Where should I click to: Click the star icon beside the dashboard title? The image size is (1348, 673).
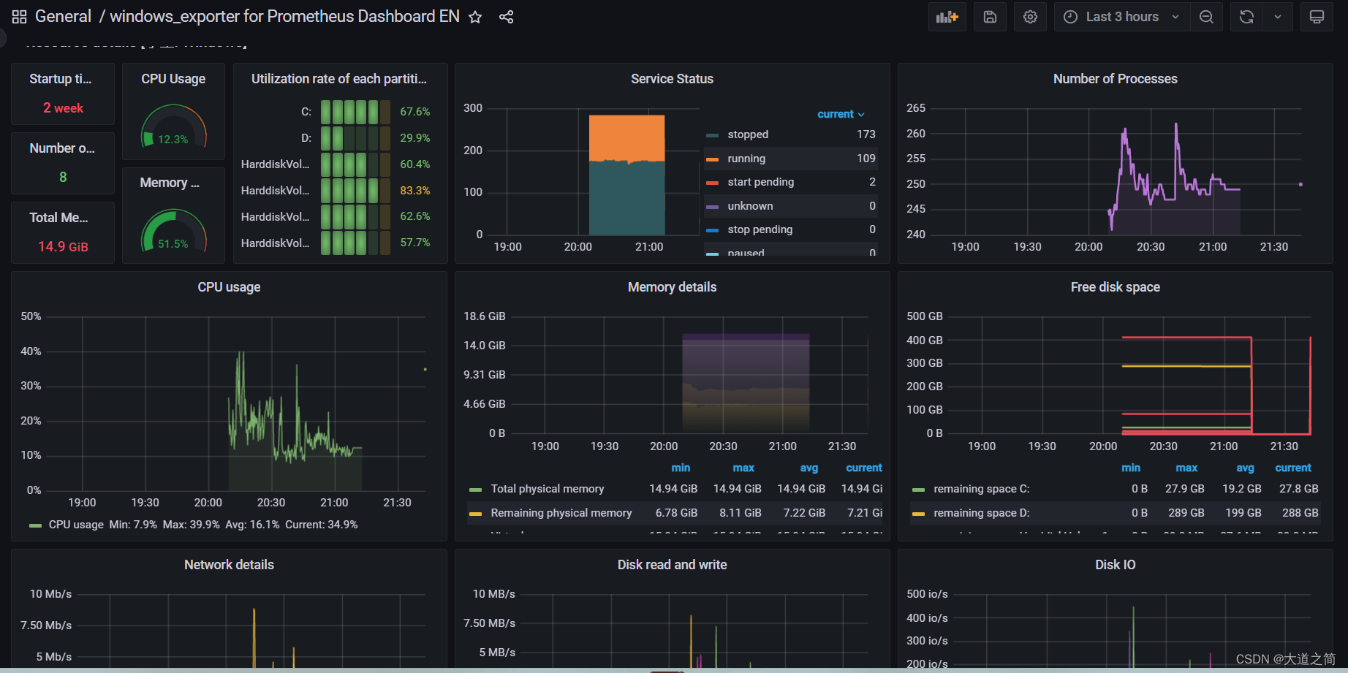tap(475, 17)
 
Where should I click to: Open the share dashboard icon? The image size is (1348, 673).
tap(506, 17)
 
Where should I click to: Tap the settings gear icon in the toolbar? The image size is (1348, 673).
tap(1030, 17)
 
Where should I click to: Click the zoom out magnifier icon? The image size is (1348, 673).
tap(1206, 17)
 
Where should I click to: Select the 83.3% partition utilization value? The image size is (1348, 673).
tap(414, 190)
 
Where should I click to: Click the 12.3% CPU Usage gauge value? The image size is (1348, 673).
tap(173, 139)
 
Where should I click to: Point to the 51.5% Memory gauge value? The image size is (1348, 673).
tap(173, 243)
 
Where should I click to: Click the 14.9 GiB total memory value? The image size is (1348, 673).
tap(63, 246)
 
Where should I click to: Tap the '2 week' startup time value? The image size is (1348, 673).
tap(63, 108)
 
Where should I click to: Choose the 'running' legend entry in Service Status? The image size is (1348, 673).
tap(746, 159)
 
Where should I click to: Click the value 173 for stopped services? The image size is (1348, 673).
tap(866, 134)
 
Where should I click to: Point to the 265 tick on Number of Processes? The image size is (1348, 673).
tap(915, 108)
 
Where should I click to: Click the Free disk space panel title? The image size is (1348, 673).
tap(1115, 287)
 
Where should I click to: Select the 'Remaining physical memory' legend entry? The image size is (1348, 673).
tap(561, 513)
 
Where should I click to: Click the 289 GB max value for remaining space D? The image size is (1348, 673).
tap(1186, 513)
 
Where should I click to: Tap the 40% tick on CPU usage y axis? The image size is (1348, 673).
tap(31, 351)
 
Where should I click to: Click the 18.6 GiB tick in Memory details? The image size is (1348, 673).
tap(484, 316)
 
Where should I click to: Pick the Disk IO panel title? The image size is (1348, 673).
tap(1115, 565)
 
